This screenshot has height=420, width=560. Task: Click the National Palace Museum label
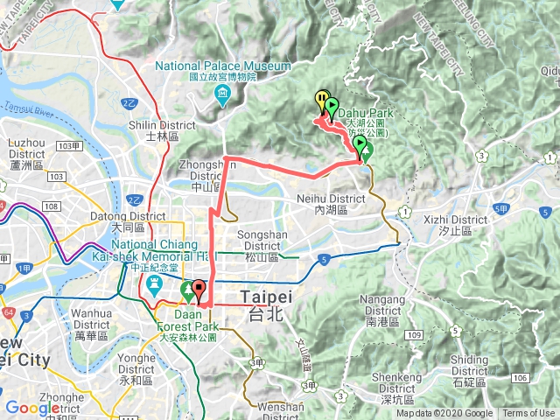223,66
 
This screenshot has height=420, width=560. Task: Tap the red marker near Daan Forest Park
199,289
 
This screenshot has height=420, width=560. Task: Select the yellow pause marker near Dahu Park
321,101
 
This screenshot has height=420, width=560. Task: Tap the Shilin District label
154,130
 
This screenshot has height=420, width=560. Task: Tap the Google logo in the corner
33,408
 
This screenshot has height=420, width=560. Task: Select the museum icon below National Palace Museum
223,93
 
